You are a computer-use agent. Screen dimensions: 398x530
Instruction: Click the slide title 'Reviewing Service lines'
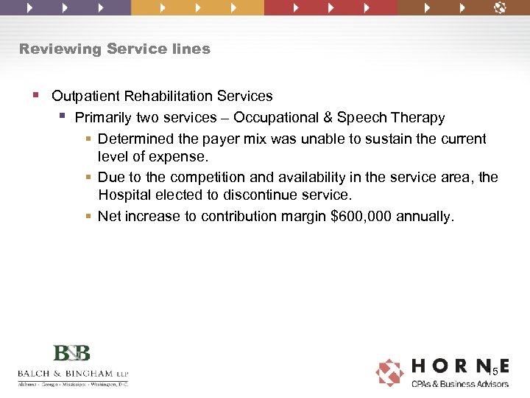(115, 49)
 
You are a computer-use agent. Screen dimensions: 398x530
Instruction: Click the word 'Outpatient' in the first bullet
(85, 97)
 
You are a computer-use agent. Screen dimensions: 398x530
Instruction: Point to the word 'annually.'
(426, 217)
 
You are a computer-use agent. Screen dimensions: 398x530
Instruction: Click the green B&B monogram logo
(72, 353)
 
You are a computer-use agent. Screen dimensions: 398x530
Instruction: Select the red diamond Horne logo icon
(389, 372)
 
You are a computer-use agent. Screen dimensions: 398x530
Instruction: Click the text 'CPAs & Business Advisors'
(460, 383)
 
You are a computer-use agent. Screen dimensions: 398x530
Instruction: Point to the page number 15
(492, 372)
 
